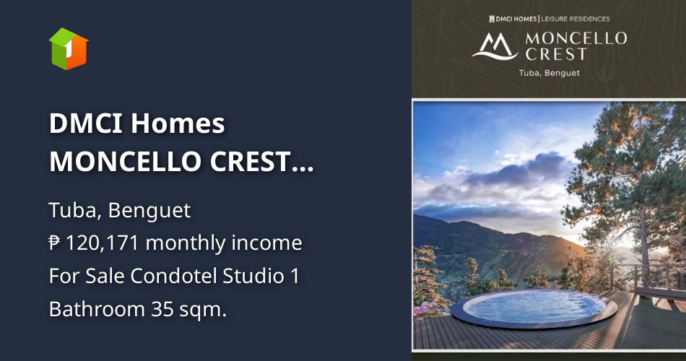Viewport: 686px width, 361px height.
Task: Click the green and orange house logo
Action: (69, 49)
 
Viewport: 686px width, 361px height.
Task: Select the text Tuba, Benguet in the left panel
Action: (120, 211)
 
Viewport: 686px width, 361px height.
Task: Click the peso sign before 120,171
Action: (56, 243)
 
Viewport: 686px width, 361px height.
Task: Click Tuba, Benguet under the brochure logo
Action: (549, 73)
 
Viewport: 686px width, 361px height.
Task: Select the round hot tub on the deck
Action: (534, 308)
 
